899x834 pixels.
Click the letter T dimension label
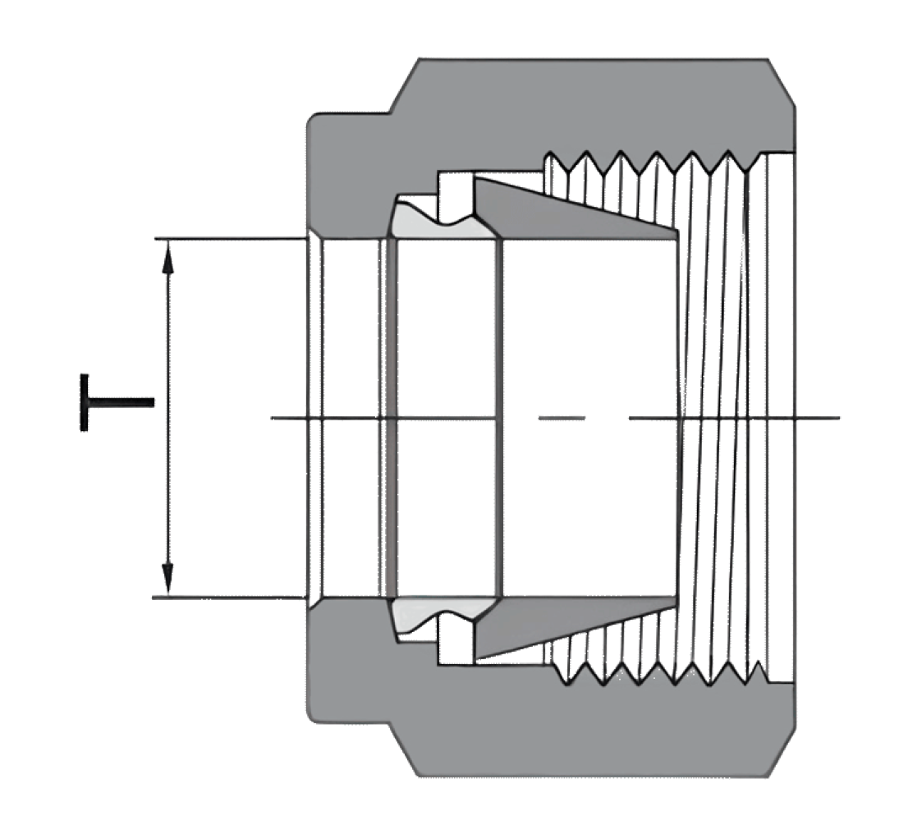117,402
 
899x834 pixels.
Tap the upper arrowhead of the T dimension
167,256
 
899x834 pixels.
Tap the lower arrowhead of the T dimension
167,580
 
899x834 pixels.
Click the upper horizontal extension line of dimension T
230,238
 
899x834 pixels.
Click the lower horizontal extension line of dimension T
229,598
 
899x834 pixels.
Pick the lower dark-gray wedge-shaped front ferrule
576,628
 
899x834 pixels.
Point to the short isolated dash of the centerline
562,418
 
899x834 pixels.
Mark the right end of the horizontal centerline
840,418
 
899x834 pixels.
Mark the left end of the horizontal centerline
272,418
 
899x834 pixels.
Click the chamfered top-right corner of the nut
782,82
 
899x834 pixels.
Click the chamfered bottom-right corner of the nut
782,752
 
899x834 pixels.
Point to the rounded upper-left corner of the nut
314,121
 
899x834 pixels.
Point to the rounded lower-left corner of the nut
314,715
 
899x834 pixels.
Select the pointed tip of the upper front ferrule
677,232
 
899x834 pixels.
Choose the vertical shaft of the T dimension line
167,418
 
